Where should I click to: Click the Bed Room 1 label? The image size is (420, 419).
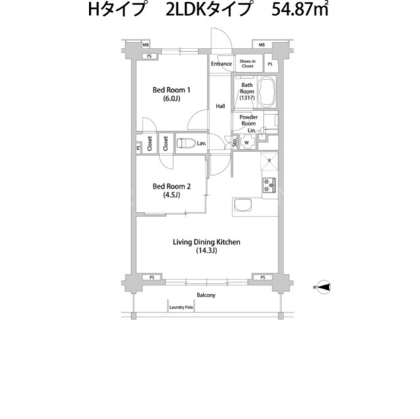tap(171, 94)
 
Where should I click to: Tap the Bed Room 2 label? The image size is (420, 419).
tap(171, 190)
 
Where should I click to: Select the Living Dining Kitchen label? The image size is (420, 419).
tap(206, 246)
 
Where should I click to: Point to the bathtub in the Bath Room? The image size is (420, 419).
tap(266, 92)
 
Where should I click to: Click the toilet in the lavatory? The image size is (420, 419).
tap(186, 143)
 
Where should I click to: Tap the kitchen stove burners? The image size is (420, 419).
tap(268, 185)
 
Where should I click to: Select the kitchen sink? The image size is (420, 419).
tap(243, 205)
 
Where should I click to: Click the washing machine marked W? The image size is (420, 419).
tap(247, 142)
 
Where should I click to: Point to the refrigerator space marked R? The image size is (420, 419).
tap(269, 161)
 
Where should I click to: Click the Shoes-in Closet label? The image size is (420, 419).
tap(247, 64)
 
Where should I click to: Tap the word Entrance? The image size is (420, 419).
tap(221, 64)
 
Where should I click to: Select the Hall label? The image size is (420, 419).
tap(220, 106)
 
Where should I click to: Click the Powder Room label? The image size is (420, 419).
tap(249, 120)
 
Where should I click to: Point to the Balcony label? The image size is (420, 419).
tap(206, 295)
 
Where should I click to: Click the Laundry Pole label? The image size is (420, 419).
tap(181, 308)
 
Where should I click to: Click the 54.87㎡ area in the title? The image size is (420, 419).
tap(300, 10)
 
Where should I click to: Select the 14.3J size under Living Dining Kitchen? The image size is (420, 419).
tap(206, 250)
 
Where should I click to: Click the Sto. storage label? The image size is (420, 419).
tap(235, 141)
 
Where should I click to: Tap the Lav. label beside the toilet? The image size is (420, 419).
tap(201, 144)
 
